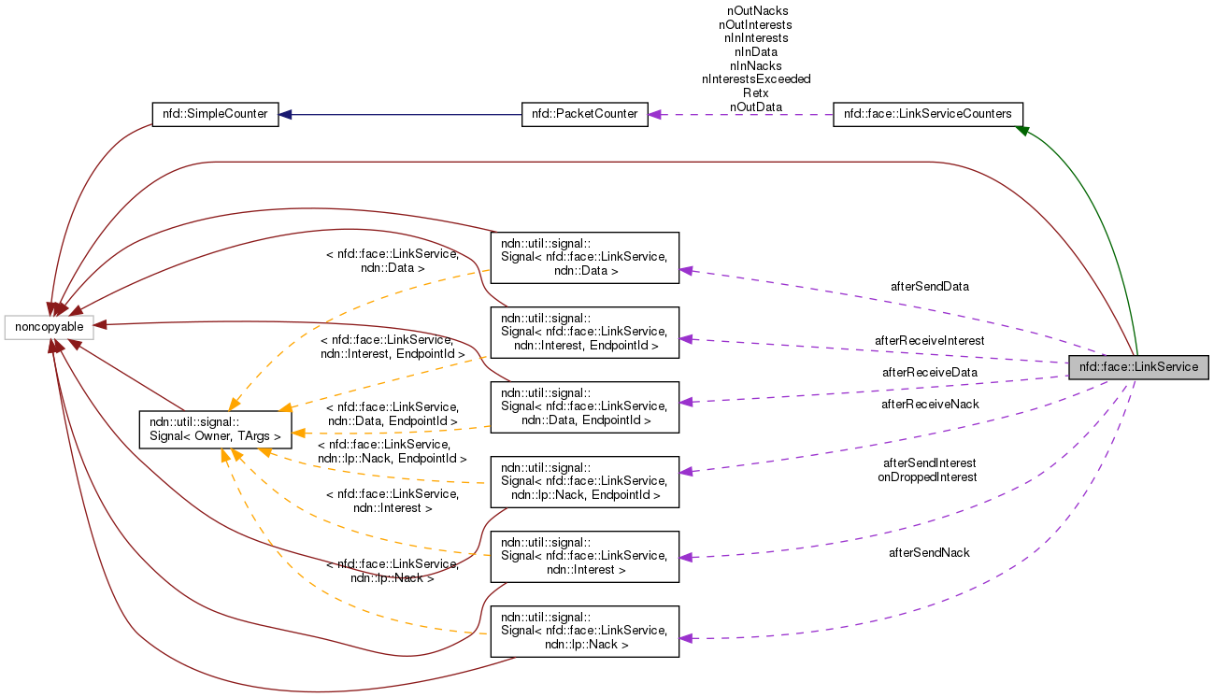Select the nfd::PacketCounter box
pos(584,114)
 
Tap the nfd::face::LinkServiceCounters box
pos(927,114)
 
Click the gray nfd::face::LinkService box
pos(1138,367)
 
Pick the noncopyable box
pos(49,327)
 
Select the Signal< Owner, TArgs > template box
pos(215,429)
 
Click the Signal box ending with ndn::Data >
pos(584,257)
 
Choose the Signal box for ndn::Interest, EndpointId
pos(584,332)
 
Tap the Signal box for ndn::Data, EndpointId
pos(584,406)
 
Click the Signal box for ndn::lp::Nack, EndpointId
pos(584,481)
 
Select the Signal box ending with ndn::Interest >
pos(584,556)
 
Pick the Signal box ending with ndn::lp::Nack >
pos(584,631)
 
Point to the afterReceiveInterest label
pos(929,341)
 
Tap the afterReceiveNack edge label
pos(930,404)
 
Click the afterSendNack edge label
pos(929,552)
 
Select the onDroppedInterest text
pos(926,477)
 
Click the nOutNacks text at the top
pos(755,11)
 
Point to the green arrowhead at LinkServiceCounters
pos(1023,132)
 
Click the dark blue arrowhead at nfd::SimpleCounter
pos(285,114)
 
